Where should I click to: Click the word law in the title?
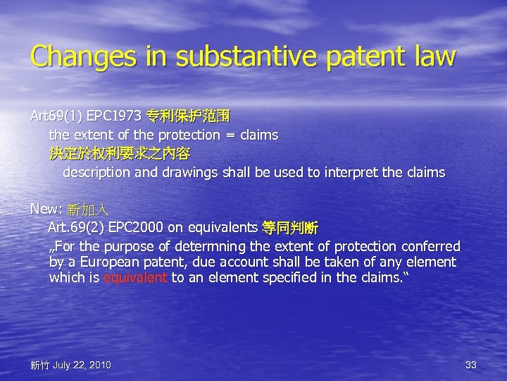[x=436, y=57]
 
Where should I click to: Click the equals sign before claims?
[x=231, y=134]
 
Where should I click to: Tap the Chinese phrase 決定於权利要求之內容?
[x=120, y=153]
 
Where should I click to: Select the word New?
[x=46, y=210]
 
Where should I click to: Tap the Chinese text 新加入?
[x=88, y=210]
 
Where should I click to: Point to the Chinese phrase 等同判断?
[x=289, y=228]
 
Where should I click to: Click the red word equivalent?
[x=135, y=278]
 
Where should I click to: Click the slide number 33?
[x=471, y=365]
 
